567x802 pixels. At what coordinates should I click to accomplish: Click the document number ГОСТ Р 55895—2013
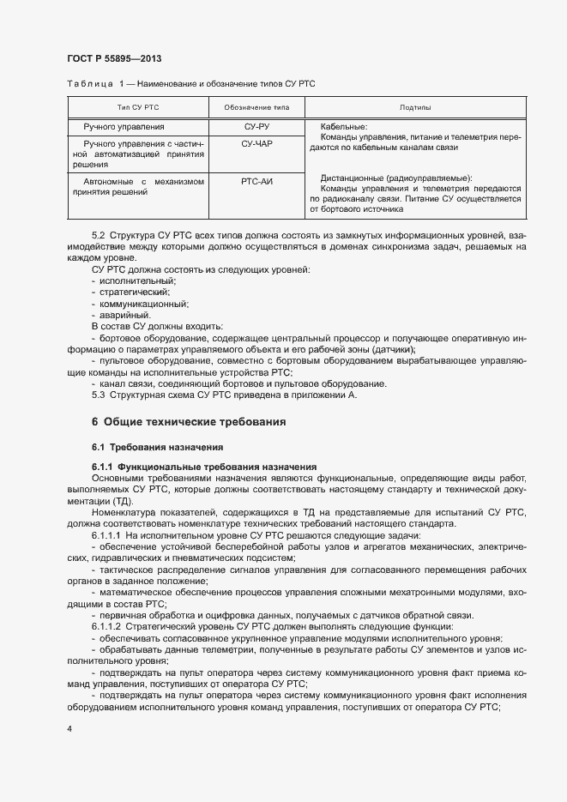[x=114, y=58]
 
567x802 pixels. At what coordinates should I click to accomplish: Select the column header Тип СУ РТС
[x=138, y=107]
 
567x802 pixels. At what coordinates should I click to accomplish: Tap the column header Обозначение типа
[x=257, y=107]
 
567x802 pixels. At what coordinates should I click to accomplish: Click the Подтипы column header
[x=415, y=107]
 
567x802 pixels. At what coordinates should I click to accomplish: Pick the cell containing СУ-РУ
[x=257, y=127]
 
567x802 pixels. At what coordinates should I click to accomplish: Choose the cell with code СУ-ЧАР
[x=257, y=144]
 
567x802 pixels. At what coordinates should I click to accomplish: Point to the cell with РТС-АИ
[x=257, y=182]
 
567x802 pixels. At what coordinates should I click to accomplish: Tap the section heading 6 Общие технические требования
[x=189, y=422]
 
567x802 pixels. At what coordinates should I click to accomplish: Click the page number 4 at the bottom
[x=69, y=728]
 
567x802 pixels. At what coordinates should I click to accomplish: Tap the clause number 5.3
[x=98, y=395]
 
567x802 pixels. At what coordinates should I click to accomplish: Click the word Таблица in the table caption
[x=90, y=83]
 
